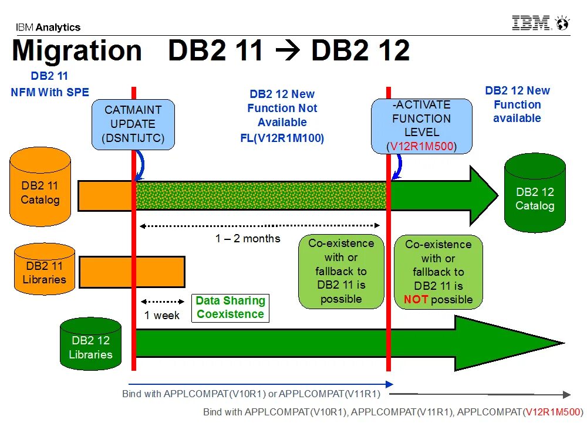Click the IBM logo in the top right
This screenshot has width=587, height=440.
[x=531, y=23]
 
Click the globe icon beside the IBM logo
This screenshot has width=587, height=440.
[x=562, y=24]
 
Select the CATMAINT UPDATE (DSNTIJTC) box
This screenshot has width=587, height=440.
[x=133, y=124]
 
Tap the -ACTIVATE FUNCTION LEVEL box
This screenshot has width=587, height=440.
[x=421, y=125]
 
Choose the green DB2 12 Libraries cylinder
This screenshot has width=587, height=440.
[x=90, y=344]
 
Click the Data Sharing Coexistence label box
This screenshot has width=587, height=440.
[x=230, y=307]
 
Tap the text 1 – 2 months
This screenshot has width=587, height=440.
[x=247, y=239]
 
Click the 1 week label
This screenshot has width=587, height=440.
[x=162, y=315]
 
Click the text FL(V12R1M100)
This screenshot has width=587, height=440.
[x=282, y=138]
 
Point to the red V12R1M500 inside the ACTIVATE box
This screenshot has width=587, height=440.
[x=421, y=146]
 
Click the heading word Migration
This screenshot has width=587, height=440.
[x=76, y=50]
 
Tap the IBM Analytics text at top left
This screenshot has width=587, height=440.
[x=48, y=27]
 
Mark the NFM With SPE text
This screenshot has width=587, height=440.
[x=50, y=92]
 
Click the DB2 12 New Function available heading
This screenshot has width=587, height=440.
[x=517, y=104]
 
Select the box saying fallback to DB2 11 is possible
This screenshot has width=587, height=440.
[x=341, y=271]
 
